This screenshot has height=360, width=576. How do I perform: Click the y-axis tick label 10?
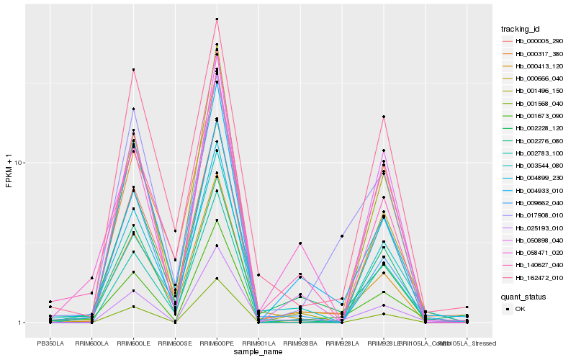(x=19, y=163)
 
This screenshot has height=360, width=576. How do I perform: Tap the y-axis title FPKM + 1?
(x=9, y=171)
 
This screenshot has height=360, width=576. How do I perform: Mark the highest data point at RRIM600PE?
(x=216, y=19)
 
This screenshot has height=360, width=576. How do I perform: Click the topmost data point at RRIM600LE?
(x=132, y=70)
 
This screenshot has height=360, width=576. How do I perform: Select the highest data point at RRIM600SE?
(x=174, y=231)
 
